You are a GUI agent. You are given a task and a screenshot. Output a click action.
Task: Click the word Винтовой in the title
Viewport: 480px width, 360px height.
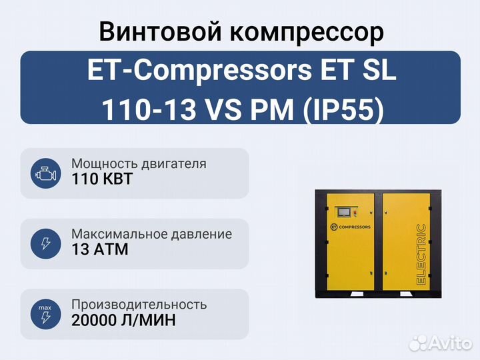[160, 32]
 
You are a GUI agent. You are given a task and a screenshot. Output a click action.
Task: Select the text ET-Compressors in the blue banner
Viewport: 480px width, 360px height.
[199, 71]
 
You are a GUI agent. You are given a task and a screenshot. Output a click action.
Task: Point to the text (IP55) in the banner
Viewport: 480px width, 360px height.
[343, 110]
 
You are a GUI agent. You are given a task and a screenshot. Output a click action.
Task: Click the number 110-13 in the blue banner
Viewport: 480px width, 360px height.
[149, 110]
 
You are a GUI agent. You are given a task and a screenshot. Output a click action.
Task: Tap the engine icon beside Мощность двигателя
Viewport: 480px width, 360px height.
[45, 173]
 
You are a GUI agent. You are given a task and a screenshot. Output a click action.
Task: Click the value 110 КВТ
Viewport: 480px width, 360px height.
[102, 179]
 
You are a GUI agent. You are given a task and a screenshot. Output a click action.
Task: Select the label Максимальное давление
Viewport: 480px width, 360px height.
[152, 234]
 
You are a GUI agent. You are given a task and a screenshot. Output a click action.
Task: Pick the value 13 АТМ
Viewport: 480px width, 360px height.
[100, 249]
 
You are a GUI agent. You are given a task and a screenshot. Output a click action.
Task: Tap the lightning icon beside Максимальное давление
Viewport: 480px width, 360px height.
[45, 244]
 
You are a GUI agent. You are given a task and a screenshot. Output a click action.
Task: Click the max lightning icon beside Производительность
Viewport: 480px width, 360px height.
[45, 315]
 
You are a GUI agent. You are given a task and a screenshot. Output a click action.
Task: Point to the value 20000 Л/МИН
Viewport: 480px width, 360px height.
[124, 320]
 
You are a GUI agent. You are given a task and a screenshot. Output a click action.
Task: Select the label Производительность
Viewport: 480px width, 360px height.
[139, 305]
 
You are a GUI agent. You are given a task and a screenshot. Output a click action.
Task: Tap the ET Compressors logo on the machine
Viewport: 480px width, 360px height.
[350, 227]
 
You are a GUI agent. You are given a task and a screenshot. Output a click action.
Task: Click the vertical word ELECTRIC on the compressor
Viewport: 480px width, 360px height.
[421, 255]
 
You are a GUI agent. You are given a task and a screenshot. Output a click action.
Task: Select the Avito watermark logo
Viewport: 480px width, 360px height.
[440, 343]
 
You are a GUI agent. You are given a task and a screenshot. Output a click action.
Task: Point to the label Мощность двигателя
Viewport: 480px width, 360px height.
[139, 164]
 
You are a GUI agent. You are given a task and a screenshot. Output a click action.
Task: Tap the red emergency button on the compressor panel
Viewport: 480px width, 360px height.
[355, 211]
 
